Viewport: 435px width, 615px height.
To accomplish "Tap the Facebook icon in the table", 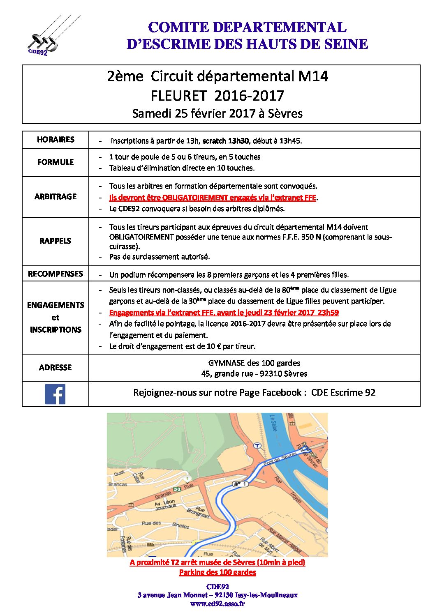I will click(55, 394).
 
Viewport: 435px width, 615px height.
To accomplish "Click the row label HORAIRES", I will click(56, 140).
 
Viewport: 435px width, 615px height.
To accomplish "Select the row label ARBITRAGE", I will click(56, 197).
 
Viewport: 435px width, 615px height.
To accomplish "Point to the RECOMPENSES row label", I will click(56, 274).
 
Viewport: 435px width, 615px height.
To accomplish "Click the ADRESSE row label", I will click(56, 367).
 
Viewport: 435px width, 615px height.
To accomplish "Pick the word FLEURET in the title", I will click(178, 96).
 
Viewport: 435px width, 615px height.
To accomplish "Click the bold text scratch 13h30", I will click(225, 141).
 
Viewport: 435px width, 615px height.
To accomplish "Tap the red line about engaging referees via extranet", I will click(212, 198).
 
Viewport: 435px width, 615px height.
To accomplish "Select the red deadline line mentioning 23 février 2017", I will click(224, 313).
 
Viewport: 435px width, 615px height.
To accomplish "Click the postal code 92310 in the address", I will click(260, 374).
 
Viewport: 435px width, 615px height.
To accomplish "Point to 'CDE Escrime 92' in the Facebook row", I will click(343, 393).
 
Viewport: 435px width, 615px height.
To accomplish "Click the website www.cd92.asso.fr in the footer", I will click(217, 603).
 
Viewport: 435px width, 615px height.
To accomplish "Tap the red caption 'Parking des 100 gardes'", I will click(217, 572).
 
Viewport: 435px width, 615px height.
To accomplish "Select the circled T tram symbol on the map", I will click(257, 446).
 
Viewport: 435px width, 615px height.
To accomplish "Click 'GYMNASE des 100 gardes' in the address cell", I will click(254, 363).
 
